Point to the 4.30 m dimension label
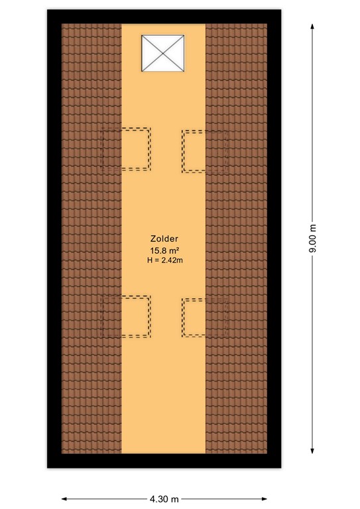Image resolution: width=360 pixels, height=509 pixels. [x=164, y=498]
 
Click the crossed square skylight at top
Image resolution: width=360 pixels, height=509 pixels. [x=162, y=54]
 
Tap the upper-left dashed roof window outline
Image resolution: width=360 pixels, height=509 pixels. [x=126, y=148]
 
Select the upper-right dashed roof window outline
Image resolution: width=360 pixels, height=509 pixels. [x=205, y=151]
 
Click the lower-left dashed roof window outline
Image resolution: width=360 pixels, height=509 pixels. [x=126, y=317]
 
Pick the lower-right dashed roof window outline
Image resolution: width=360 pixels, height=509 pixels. [x=205, y=318]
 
